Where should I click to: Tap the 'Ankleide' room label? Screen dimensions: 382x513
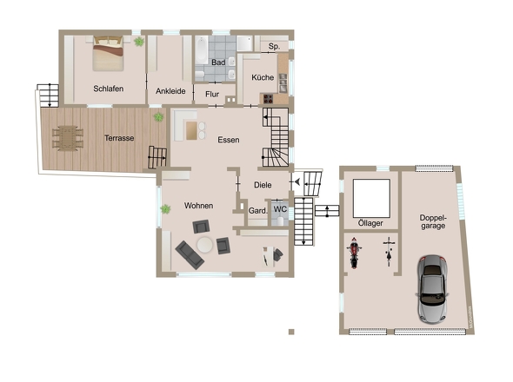(170, 90)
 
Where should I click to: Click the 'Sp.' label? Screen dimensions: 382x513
(274, 46)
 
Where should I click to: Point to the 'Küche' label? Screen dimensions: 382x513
(263, 77)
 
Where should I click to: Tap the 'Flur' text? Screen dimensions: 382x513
(212, 94)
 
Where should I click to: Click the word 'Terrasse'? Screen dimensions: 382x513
(119, 138)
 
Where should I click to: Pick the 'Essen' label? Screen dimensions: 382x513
(229, 140)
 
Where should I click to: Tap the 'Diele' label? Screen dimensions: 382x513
(263, 184)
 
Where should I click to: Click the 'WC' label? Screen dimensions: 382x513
(279, 209)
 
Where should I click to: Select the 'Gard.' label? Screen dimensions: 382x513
(257, 210)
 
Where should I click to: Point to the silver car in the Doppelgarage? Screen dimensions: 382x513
(432, 288)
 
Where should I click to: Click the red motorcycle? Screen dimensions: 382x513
(355, 254)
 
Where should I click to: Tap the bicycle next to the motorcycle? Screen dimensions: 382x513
(388, 253)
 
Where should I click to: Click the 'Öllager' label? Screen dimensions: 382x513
(370, 223)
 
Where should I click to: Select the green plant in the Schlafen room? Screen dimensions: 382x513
(138, 41)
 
